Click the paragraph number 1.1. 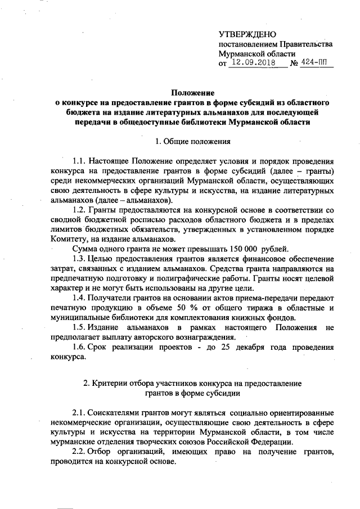[x=80, y=161]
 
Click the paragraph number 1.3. [x=80, y=259]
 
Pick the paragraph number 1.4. [x=80, y=298]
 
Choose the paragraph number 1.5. [x=80, y=328]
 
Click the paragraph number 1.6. [x=80, y=348]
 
